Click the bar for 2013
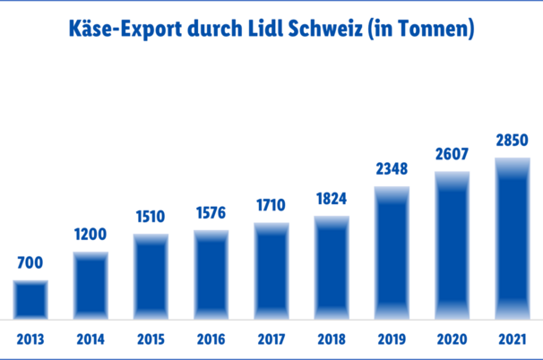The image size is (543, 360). pyautogui.click(x=30, y=300)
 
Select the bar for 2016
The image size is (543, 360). pyautogui.click(x=211, y=275)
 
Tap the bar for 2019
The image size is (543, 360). pyautogui.click(x=392, y=253)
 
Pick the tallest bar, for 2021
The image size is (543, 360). pyautogui.click(x=513, y=239)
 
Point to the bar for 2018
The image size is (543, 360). pyautogui.click(x=332, y=268)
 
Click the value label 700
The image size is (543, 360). pyautogui.click(x=30, y=264)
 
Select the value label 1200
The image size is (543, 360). pyautogui.click(x=90, y=235)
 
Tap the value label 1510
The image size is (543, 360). pyautogui.click(x=151, y=218)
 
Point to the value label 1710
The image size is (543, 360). pyautogui.click(x=271, y=205)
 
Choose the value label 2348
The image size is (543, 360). pyautogui.click(x=392, y=168)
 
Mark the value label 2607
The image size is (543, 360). pyautogui.click(x=452, y=154)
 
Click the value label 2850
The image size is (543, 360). pyautogui.click(x=513, y=140)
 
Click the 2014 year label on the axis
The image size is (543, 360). pyautogui.click(x=90, y=340)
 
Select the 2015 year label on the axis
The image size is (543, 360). pyautogui.click(x=151, y=340)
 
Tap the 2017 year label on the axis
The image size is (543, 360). pyautogui.click(x=271, y=340)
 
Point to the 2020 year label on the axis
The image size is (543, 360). pyautogui.click(x=452, y=340)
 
